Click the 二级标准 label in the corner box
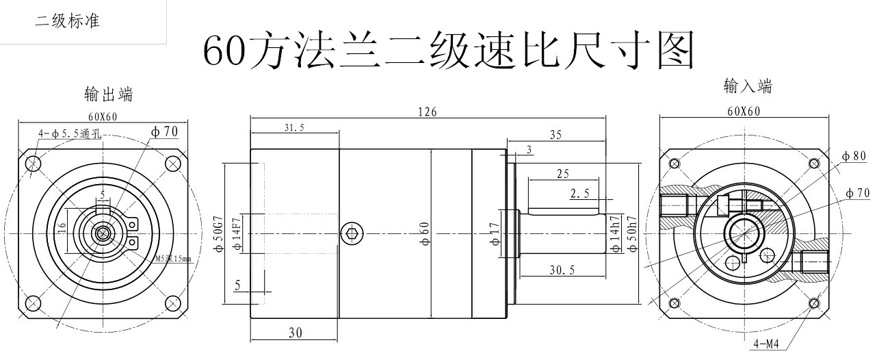[x=68, y=21]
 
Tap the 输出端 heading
[x=108, y=94]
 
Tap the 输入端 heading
[x=748, y=86]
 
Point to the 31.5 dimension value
[x=294, y=127]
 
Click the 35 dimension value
[x=555, y=135]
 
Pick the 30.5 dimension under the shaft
[x=562, y=270]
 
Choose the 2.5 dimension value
[x=579, y=195]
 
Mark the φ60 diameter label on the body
[x=425, y=233]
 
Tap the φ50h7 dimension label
[x=633, y=233]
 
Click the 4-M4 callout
[x=765, y=344]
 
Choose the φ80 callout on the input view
[x=854, y=156]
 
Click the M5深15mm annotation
[x=172, y=258]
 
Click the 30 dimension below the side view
[x=294, y=333]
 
